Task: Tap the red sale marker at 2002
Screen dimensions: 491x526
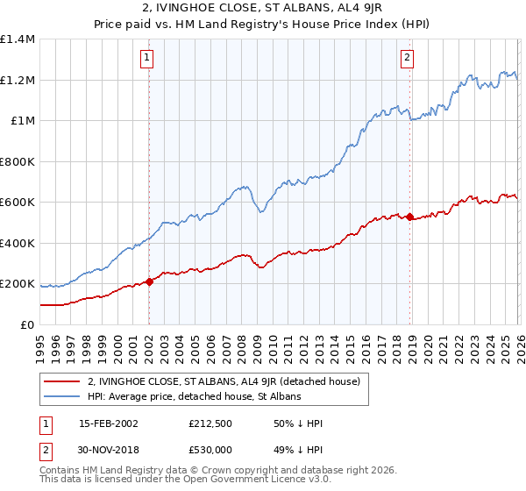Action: pos(149,281)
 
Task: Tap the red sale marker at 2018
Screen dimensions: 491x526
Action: pos(409,217)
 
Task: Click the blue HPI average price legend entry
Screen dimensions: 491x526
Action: pos(194,396)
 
